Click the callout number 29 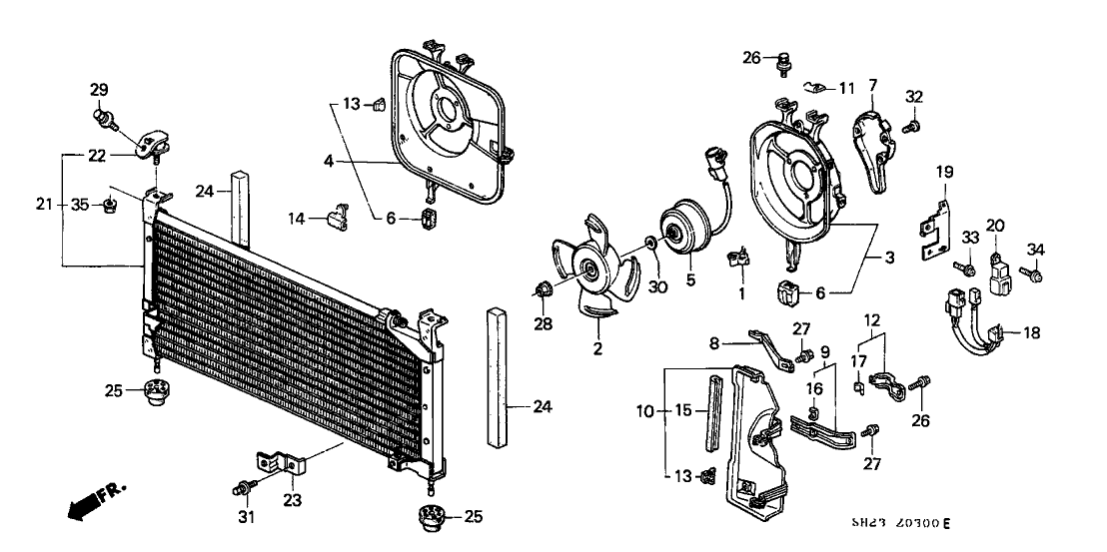click(x=99, y=91)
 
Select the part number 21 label click(x=43, y=205)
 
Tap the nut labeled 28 click(x=545, y=290)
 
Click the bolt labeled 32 click(x=912, y=127)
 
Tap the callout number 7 click(x=871, y=84)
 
